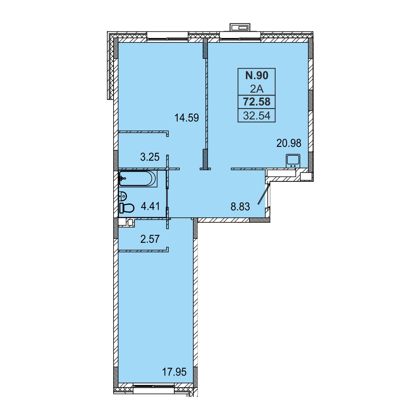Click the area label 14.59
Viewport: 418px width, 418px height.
(187, 118)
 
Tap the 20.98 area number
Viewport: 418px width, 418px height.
(289, 143)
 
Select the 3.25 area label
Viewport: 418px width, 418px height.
(150, 157)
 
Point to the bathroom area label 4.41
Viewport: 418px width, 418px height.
(150, 206)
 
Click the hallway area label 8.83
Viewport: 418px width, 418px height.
(240, 207)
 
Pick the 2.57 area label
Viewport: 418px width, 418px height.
(150, 239)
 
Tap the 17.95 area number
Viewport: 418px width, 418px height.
(175, 372)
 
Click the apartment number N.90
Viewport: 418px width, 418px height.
(257, 75)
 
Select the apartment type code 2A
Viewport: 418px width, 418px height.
(257, 89)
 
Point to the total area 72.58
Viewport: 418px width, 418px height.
(257, 101)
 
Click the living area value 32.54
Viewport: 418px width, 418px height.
(257, 115)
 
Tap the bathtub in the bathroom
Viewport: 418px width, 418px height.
(138, 179)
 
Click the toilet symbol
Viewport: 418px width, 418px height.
(127, 208)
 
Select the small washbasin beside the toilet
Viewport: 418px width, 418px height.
(123, 196)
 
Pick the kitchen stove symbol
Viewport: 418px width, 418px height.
(293, 161)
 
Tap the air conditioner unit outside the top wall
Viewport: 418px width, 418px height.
(240, 28)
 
